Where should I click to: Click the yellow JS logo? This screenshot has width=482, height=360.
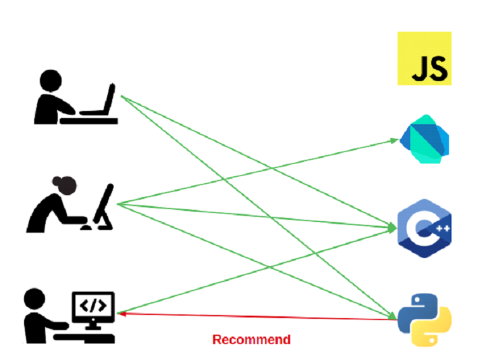(x=424, y=58)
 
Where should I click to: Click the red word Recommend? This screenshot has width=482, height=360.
(x=251, y=340)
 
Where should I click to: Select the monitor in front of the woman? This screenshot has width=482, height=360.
(x=105, y=204)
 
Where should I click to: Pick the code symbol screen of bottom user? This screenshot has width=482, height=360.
(x=94, y=305)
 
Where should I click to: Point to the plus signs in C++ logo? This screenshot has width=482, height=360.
(x=438, y=231)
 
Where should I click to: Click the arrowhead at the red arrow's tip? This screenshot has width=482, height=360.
(x=122, y=312)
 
